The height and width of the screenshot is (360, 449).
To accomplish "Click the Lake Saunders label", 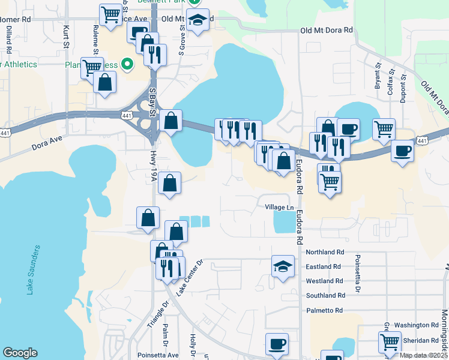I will (33, 269).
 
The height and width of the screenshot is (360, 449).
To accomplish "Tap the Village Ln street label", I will (279, 207).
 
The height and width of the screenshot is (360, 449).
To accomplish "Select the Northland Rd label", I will (325, 253).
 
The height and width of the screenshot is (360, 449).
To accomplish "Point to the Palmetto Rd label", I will (324, 310).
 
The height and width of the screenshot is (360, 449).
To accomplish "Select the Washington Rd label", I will (417, 325).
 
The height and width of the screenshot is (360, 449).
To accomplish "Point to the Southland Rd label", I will (325, 296).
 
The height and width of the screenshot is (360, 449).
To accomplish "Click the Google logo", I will (20, 353).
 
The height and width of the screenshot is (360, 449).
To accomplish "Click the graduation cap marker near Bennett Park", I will (197, 19).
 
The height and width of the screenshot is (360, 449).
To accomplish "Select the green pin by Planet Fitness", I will (127, 64).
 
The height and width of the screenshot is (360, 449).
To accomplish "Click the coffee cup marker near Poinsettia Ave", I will (277, 344).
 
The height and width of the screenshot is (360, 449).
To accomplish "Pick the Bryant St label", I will (378, 76).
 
